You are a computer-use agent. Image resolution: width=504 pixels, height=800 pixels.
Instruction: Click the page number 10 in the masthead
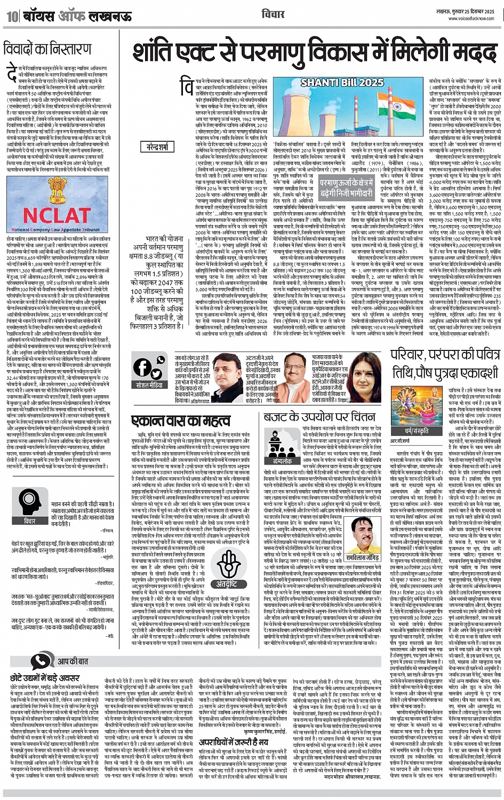pos(12,16)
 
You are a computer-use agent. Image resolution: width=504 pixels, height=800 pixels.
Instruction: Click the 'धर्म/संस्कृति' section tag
pos(417,430)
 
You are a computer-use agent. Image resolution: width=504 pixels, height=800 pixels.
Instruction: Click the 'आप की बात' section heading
pos(72,661)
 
